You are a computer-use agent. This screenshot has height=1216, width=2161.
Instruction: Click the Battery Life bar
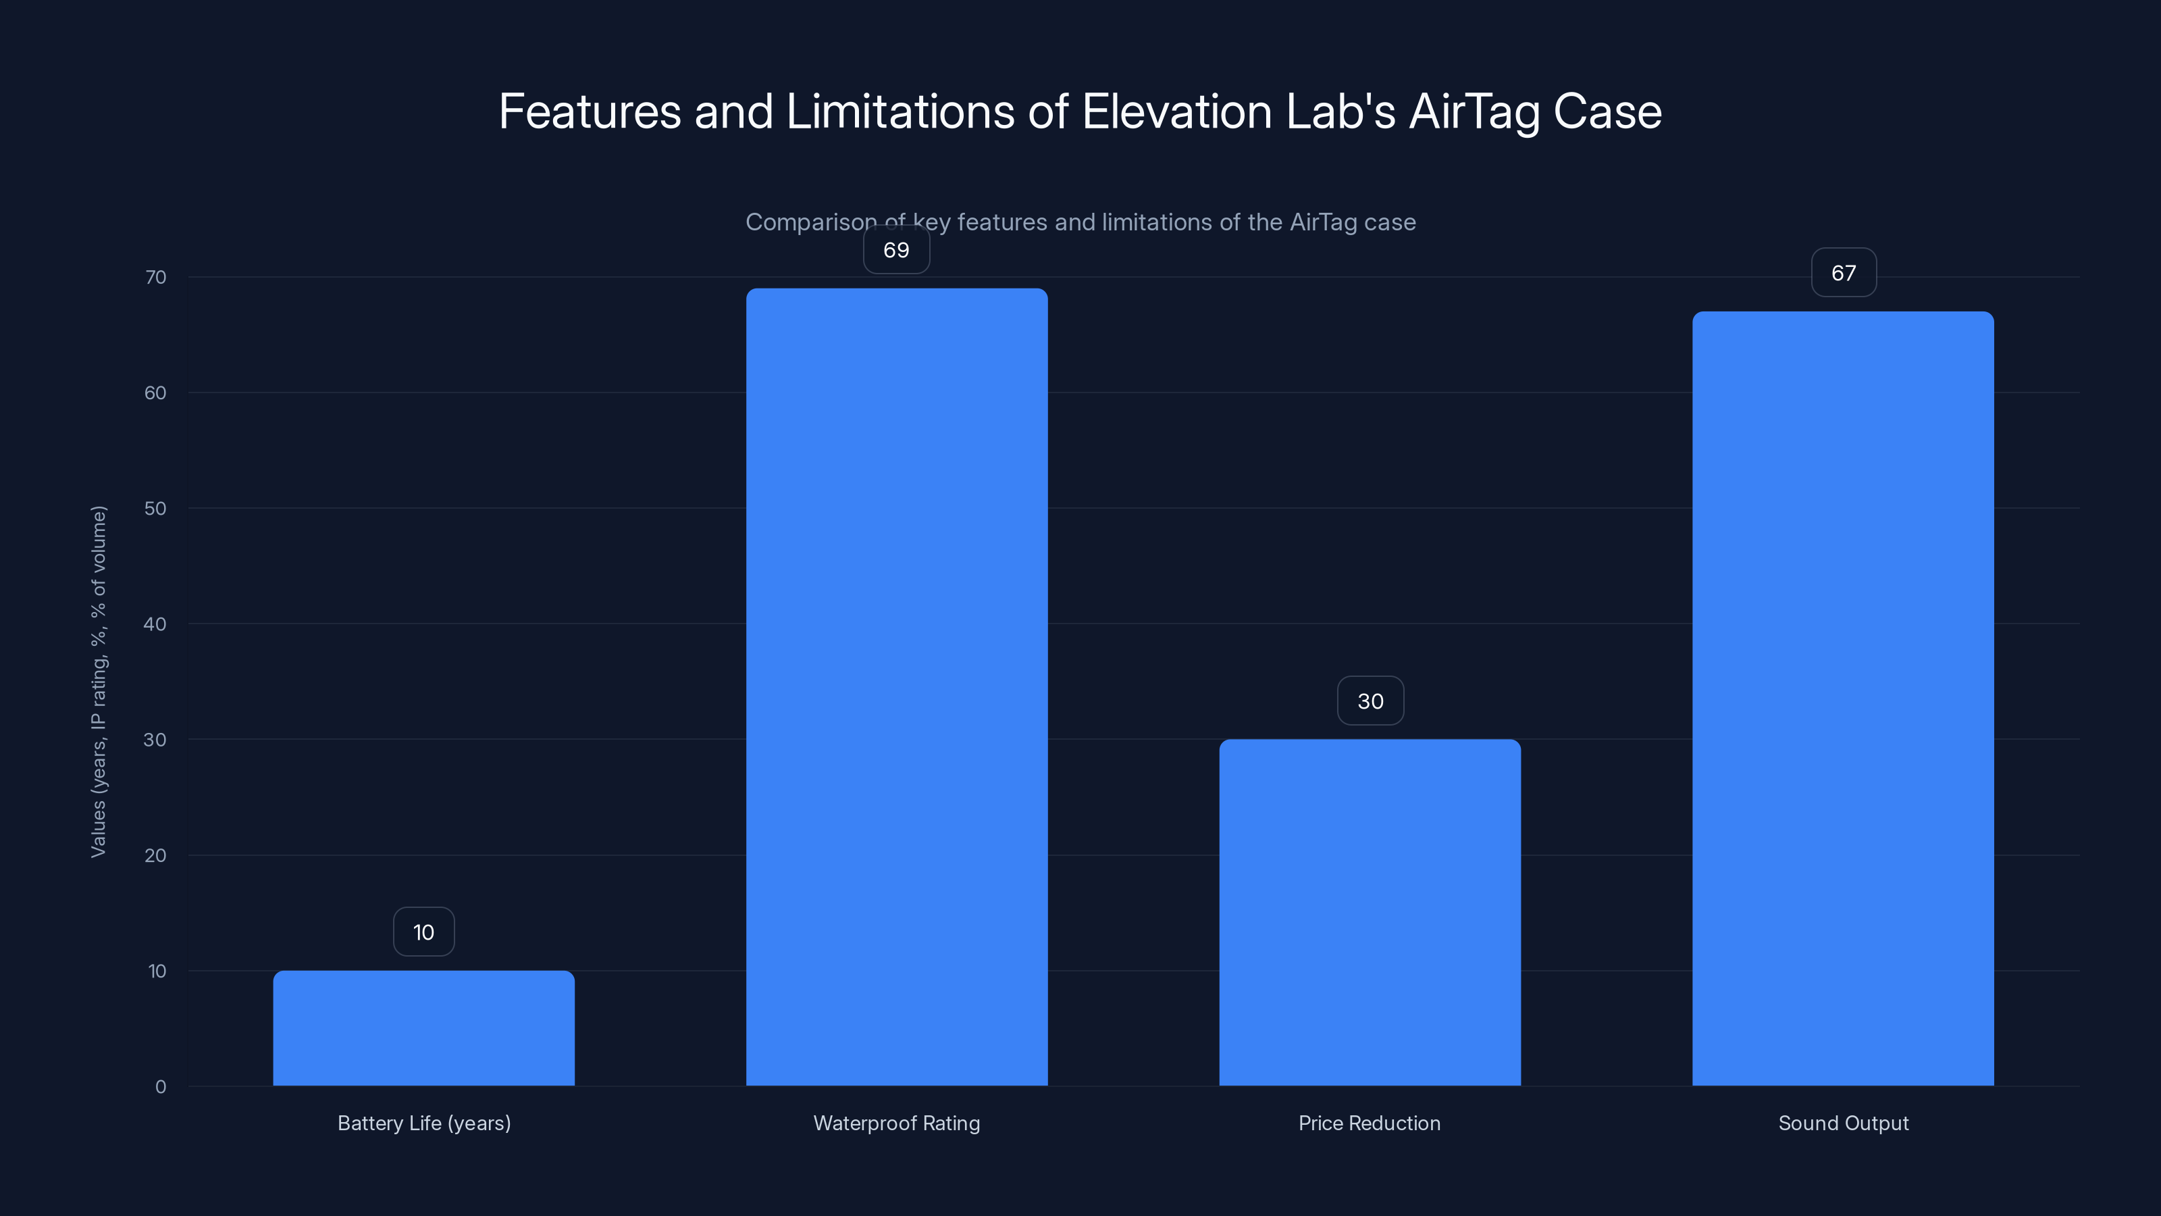423,1028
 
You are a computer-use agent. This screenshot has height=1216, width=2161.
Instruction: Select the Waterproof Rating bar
896,688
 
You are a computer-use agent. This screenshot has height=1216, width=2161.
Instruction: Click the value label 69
896,250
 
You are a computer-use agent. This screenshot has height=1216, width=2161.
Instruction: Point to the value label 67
1843,273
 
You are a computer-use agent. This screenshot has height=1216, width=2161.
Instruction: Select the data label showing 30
1370,702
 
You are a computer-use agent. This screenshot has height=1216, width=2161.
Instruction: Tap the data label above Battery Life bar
423,932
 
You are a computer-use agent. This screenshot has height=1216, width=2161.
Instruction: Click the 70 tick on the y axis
156,277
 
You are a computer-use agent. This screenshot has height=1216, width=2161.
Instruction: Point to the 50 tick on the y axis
155,509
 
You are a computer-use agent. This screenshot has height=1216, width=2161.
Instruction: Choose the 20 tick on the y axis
155,855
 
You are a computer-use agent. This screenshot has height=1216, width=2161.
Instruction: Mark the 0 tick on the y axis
160,1087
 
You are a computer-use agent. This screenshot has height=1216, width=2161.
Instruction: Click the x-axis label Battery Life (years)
423,1123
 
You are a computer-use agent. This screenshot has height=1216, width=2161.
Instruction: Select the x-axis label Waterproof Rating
896,1123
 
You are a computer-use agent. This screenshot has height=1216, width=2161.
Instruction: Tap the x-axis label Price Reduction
1369,1123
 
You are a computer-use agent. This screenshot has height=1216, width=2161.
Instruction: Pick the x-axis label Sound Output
1843,1123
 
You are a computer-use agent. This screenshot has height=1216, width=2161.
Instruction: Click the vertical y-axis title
99,682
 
